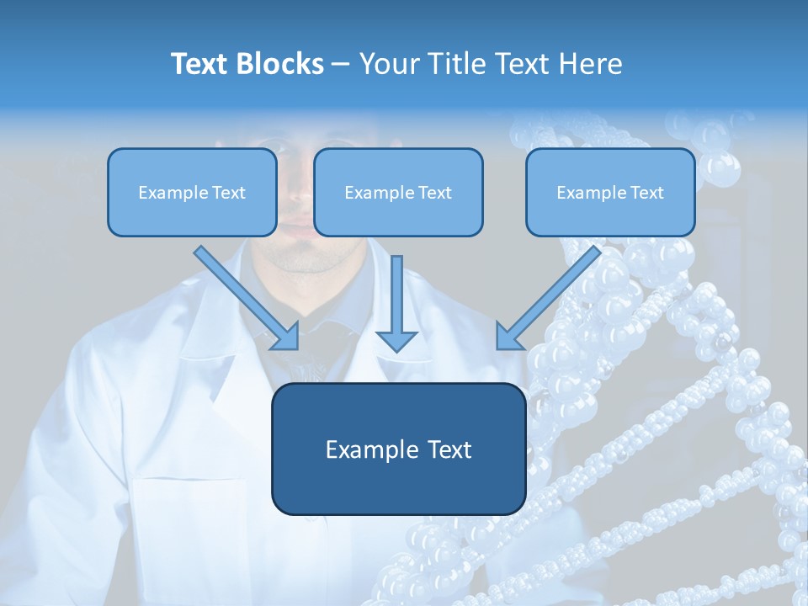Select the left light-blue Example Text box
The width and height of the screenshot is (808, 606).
point(192,193)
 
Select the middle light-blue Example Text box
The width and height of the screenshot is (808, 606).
point(398,193)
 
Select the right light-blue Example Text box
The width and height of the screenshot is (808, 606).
point(610,193)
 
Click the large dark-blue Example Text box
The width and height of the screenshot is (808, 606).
point(398,449)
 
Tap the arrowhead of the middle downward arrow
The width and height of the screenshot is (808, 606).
point(397,340)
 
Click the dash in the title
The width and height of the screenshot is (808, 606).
point(341,65)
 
